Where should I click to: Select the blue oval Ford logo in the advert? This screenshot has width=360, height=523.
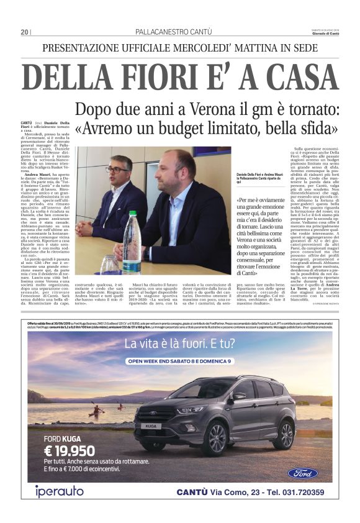click(302, 473)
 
